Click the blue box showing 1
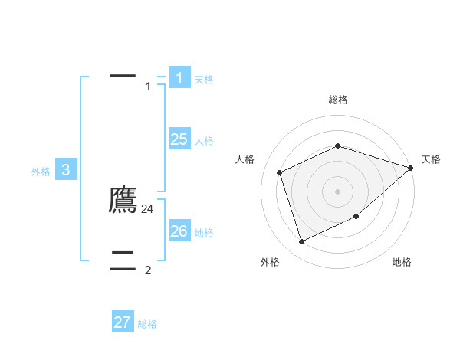click(179, 77)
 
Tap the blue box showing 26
click(179, 231)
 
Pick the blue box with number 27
click(123, 322)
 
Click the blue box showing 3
click(66, 170)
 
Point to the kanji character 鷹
click(123, 200)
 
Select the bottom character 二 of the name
click(123, 257)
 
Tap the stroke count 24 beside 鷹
click(148, 208)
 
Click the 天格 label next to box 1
click(204, 80)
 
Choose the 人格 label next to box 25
click(204, 141)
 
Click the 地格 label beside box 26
click(204, 233)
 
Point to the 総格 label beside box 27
click(147, 324)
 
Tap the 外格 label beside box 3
click(41, 172)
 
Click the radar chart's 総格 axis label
click(338, 100)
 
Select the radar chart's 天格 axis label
click(431, 159)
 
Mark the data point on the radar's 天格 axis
click(411, 168)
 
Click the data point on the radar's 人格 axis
click(280, 172)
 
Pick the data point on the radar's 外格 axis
click(301, 242)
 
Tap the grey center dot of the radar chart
click(338, 191)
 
